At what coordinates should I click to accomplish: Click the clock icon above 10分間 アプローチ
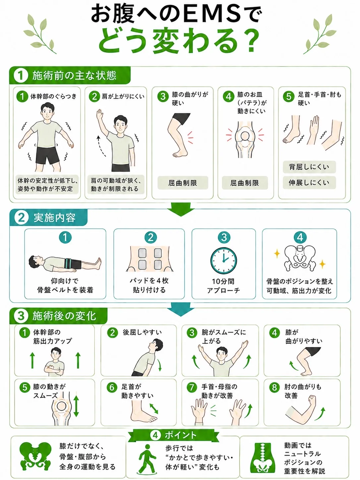click(223, 261)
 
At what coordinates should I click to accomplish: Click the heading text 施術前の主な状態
click(75, 76)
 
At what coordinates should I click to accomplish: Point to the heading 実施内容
click(54, 217)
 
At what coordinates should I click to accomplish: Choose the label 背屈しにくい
click(309, 167)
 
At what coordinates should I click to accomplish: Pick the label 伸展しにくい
click(309, 183)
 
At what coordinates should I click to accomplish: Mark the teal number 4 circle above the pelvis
click(300, 237)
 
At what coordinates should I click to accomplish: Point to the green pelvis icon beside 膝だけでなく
click(35, 456)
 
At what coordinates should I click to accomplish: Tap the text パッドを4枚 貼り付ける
click(149, 285)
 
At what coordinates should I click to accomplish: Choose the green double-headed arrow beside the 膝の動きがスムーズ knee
click(76, 406)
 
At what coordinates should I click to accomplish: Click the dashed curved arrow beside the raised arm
click(101, 146)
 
